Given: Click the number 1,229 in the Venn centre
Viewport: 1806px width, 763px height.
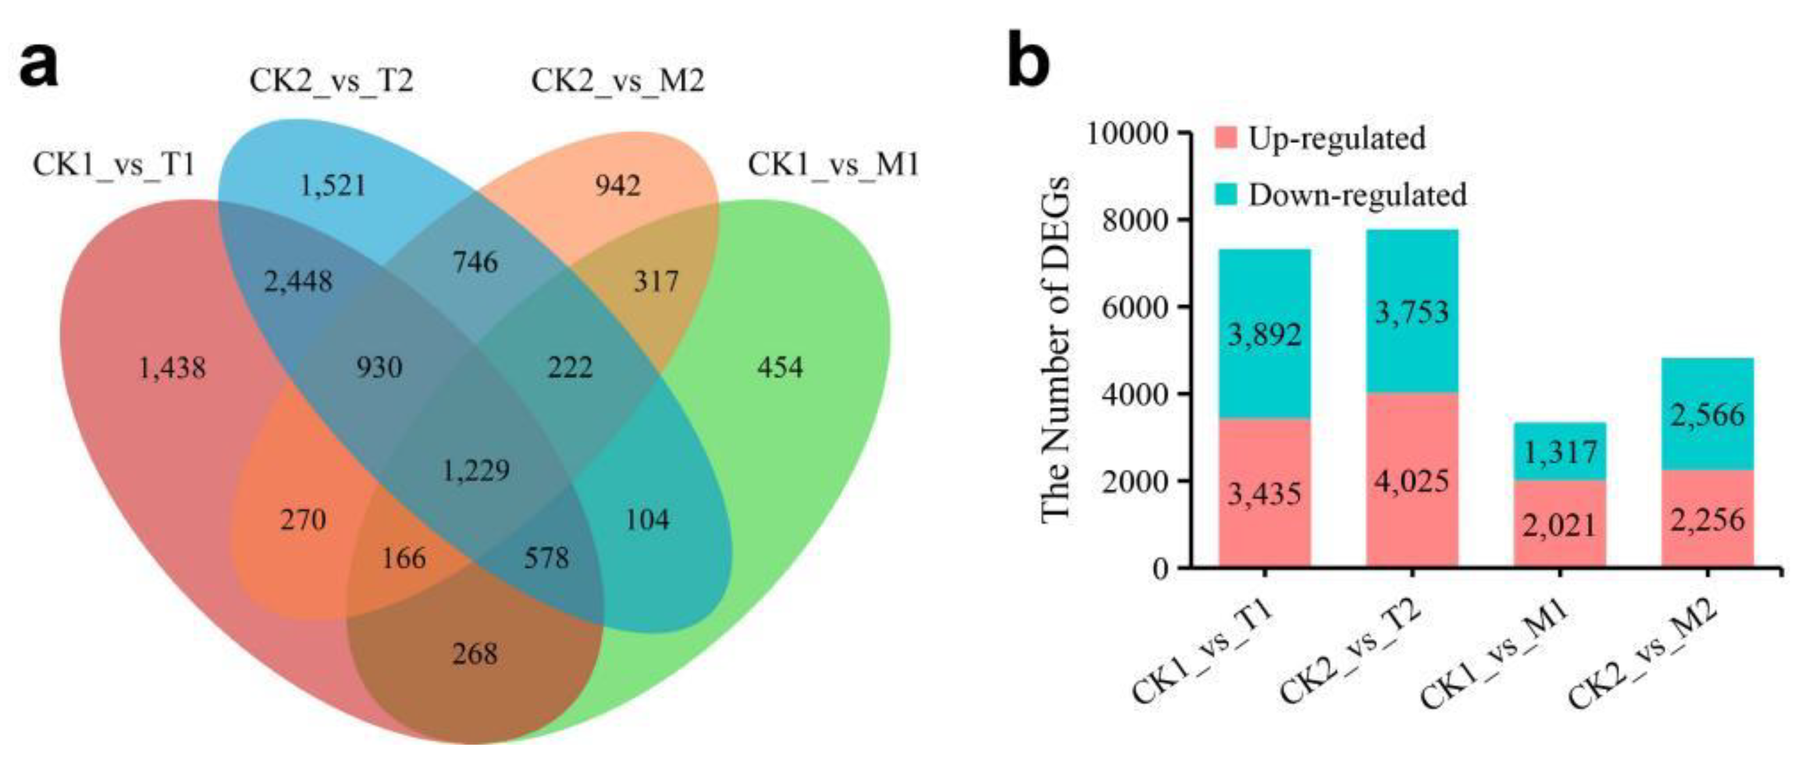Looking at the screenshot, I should pos(476,470).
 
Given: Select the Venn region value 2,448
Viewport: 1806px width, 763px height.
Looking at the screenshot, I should pos(298,281).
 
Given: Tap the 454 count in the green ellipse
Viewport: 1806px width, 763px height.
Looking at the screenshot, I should pos(780,366).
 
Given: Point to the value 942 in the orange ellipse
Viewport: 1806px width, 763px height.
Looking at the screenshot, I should pos(618,186).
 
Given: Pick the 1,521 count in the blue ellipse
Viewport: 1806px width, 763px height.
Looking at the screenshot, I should pos(333,186).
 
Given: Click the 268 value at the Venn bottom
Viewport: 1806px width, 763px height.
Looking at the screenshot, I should pos(475,654).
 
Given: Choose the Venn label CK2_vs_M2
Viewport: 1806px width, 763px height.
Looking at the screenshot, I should pos(617,80).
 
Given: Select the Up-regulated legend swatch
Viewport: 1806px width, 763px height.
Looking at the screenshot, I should pos(1226,137).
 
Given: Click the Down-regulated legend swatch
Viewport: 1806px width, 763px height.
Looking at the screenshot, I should pos(1226,194).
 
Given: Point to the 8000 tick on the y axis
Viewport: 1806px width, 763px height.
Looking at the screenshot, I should pos(1130,220).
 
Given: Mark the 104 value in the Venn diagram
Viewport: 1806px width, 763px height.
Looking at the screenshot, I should pos(646,519).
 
